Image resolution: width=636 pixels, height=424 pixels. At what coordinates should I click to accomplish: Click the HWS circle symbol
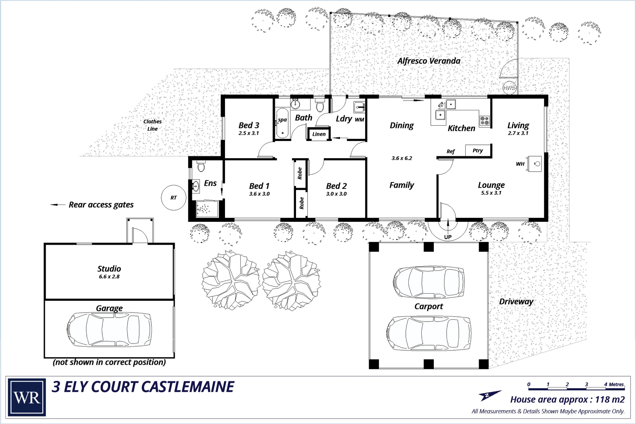(x=509, y=88)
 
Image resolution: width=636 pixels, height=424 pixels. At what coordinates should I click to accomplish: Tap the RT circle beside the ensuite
(x=174, y=197)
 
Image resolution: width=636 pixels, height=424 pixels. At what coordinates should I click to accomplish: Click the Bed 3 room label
(x=249, y=125)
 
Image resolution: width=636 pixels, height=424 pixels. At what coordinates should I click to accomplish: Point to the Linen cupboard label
(x=319, y=134)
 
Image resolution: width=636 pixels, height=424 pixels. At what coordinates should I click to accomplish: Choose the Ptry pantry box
(x=478, y=150)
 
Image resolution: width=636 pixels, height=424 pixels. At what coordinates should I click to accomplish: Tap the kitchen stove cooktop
(x=484, y=121)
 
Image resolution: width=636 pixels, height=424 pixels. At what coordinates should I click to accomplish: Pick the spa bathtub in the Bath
(x=282, y=126)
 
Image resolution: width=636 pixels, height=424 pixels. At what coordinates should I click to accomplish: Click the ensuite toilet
(x=201, y=166)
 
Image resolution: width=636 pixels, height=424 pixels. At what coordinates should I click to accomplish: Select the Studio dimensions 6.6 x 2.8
(x=109, y=277)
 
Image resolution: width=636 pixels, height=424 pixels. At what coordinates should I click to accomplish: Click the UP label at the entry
(x=448, y=237)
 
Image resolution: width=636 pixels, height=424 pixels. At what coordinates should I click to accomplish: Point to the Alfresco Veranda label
(x=429, y=61)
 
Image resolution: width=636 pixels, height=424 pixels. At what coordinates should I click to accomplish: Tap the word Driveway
(x=516, y=302)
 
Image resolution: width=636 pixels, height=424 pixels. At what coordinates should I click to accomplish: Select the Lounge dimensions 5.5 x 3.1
(x=491, y=193)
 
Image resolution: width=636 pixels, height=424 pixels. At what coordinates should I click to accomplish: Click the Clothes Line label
(x=152, y=125)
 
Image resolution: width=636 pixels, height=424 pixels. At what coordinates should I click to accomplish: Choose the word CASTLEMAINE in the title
(x=187, y=387)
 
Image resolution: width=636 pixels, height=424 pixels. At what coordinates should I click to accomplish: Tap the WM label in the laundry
(x=359, y=120)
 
